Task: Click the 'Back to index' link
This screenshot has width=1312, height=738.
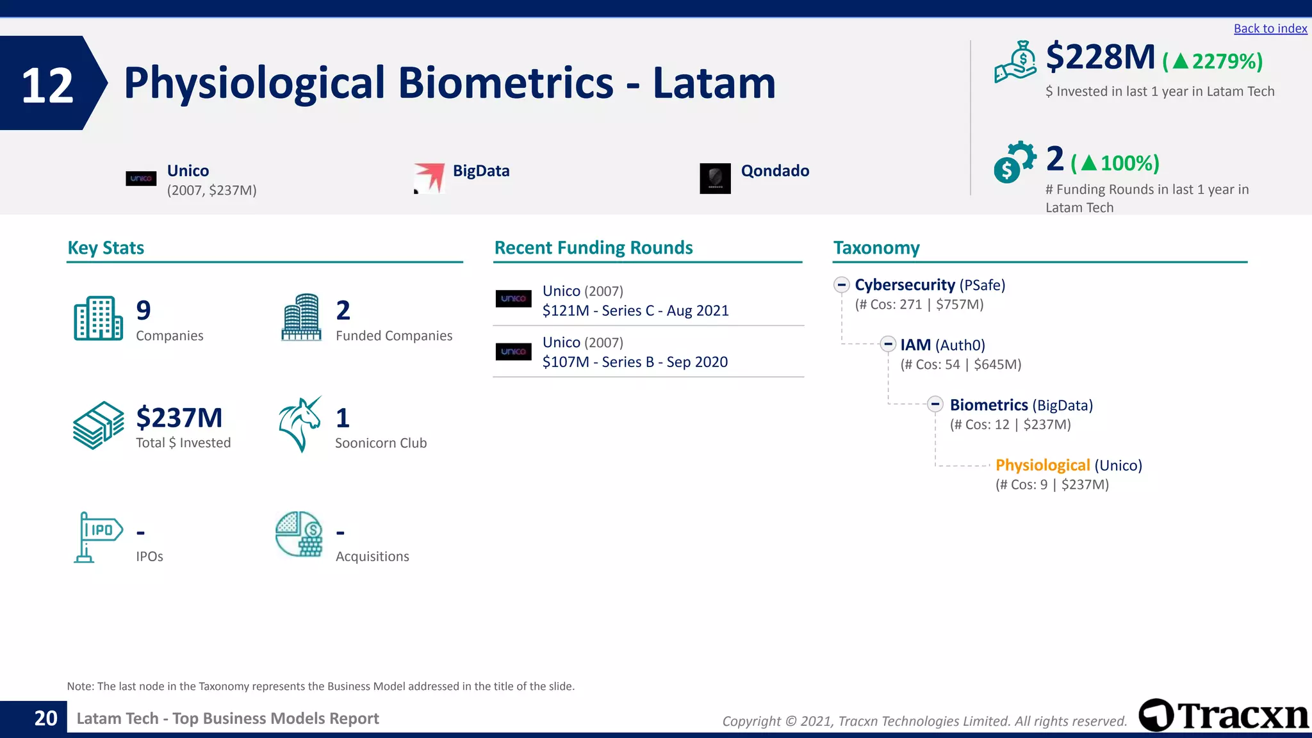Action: click(1270, 29)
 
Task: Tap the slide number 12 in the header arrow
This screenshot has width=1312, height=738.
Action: click(47, 85)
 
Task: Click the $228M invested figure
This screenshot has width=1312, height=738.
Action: click(1100, 57)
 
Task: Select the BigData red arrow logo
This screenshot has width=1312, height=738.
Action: click(429, 177)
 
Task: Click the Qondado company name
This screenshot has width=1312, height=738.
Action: click(775, 171)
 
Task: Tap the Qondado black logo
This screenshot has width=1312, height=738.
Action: click(715, 178)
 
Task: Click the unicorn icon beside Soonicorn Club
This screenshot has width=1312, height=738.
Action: click(300, 424)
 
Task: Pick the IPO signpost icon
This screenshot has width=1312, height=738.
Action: click(97, 537)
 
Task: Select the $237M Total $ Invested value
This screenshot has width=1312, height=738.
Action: click(179, 418)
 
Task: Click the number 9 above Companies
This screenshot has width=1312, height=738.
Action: click(143, 311)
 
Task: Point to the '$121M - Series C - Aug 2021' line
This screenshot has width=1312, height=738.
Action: click(635, 311)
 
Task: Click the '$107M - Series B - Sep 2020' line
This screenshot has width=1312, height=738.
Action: click(635, 362)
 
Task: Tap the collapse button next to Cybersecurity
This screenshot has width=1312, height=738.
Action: click(842, 284)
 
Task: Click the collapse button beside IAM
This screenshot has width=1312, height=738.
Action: click(887, 345)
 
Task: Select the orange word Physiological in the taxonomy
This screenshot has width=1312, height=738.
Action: click(1042, 465)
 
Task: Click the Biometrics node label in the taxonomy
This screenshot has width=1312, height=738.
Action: click(988, 405)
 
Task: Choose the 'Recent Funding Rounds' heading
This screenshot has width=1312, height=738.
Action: click(593, 248)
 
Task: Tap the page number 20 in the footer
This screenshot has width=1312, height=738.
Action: click(45, 719)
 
